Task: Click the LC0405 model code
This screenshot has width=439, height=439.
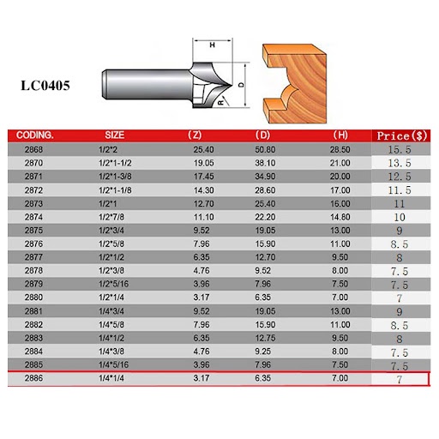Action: [x=45, y=86]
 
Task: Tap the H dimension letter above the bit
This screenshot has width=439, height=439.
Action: [x=212, y=45]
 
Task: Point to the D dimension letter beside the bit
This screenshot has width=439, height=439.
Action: [x=242, y=85]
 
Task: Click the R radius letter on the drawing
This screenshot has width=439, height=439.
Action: [x=221, y=102]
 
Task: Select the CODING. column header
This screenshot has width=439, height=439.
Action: [x=35, y=135]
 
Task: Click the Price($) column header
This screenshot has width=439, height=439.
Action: [x=401, y=136]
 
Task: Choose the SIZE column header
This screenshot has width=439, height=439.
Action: [x=114, y=135]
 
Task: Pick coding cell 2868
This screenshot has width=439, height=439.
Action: [x=33, y=149]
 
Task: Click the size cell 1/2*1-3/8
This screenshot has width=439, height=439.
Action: [x=115, y=177]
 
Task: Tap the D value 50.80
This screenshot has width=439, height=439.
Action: [x=265, y=149]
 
